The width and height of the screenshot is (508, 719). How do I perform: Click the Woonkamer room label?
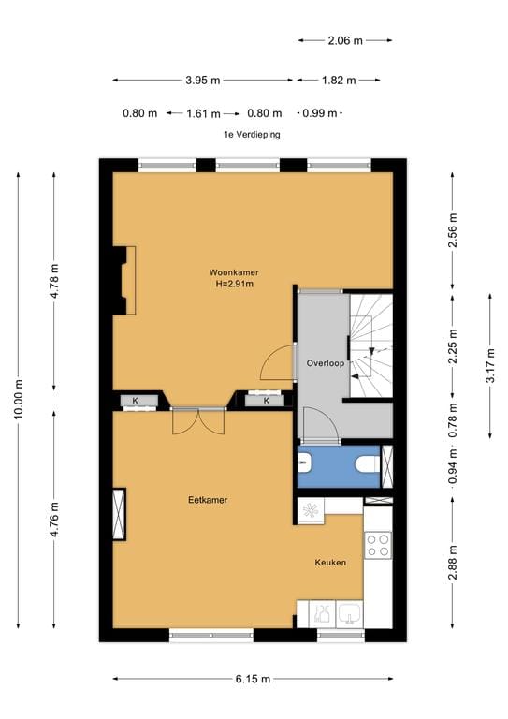(234, 272)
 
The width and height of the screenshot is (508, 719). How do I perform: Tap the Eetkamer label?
(208, 500)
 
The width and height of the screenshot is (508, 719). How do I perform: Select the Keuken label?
(330, 562)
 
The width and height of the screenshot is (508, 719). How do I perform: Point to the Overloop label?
(326, 363)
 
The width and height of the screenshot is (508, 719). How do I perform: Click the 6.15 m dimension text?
(253, 679)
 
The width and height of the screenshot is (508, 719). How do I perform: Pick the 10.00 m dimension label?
(19, 400)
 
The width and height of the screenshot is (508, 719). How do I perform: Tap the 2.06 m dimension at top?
(345, 41)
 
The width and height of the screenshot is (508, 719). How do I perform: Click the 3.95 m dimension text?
(202, 81)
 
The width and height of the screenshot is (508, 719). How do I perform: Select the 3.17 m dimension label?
(490, 365)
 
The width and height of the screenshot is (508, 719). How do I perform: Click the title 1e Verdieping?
(252, 135)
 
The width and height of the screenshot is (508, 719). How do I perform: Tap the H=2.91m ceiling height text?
(235, 284)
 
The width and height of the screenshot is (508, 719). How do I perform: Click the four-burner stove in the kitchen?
(378, 545)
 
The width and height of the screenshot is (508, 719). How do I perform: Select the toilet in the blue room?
(368, 464)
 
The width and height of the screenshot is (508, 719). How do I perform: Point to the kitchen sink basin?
(350, 614)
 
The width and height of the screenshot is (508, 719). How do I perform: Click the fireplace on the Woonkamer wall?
(124, 281)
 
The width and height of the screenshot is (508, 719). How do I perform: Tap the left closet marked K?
(135, 401)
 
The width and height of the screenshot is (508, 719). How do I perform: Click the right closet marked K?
(267, 401)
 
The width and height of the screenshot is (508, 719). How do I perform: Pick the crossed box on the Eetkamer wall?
(119, 514)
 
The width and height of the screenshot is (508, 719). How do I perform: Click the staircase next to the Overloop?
(371, 345)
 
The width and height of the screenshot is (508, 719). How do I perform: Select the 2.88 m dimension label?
(453, 563)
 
